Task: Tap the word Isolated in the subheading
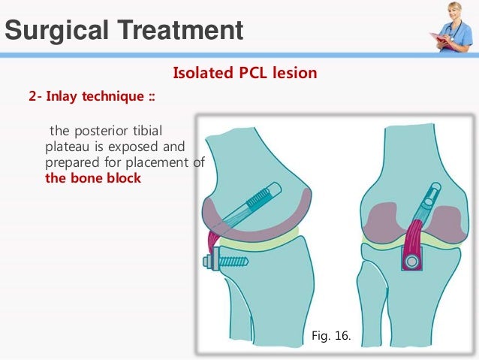click(x=200, y=74)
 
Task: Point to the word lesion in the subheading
click(x=294, y=74)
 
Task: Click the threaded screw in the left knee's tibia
click(x=229, y=262)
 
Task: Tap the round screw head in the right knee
click(x=412, y=261)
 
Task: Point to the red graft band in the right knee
click(x=413, y=237)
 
